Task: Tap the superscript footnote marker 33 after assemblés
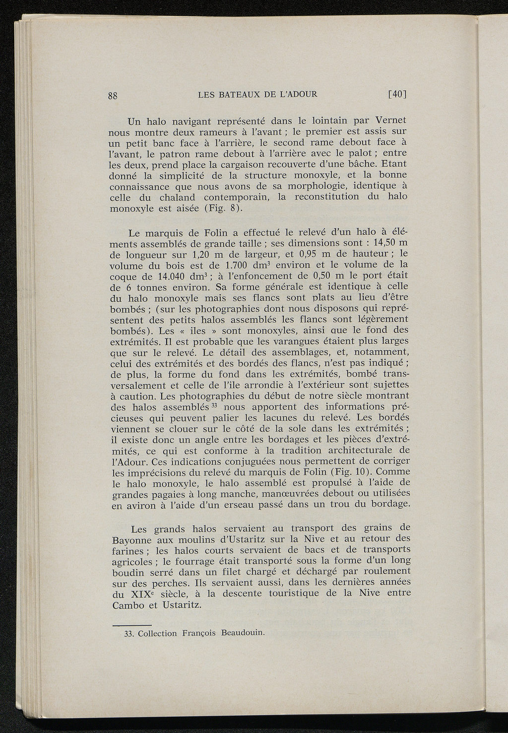click(x=215, y=405)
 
